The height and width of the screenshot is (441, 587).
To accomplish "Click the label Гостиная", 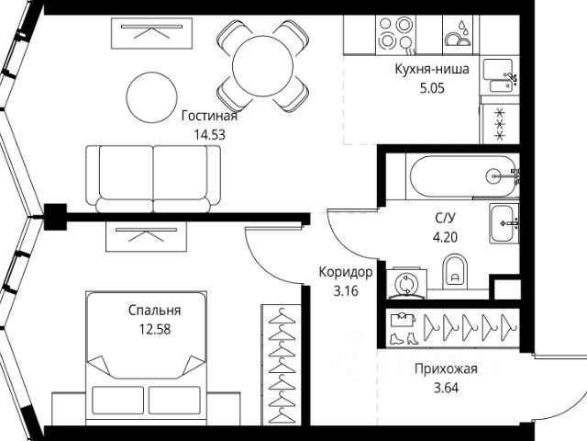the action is pos(209,116).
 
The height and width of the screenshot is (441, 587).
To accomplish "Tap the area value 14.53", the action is pos(209,133).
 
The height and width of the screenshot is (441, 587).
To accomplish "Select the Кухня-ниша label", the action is pos(433,70).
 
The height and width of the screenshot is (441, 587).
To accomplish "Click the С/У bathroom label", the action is pos(444,218).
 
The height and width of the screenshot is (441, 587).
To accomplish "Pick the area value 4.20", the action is pos(444,234).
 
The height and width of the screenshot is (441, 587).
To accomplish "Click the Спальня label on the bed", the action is pos(154,310).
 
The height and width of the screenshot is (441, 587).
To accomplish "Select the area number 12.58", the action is pos(154,327).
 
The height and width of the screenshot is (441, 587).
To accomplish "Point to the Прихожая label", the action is pos(447,369).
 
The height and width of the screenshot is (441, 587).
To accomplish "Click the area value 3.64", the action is pos(447,387).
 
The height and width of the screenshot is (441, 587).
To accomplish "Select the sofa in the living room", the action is pos(153,175).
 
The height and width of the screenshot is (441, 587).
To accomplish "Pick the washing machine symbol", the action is pos(404,284).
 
